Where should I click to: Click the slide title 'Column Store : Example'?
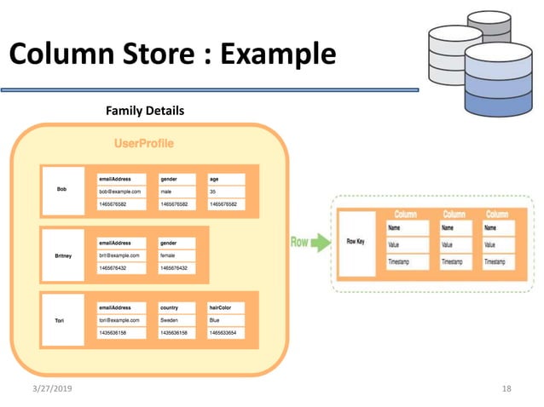tap(172, 55)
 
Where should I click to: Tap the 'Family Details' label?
tap(144, 111)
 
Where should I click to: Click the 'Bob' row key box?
tap(62, 189)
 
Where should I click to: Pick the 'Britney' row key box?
tap(62, 255)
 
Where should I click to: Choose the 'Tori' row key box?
tap(62, 320)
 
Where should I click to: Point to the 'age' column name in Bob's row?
tap(226, 179)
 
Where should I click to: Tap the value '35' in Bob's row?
tap(226, 192)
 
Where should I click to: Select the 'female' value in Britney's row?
tap(177, 255)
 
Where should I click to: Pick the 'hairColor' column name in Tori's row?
tap(226, 307)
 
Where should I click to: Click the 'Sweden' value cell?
tap(177, 320)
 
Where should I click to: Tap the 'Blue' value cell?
tap(226, 320)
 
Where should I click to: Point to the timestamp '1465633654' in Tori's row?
tap(226, 333)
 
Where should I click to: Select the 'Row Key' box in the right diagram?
tap(356, 243)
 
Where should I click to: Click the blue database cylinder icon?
tap(497, 81)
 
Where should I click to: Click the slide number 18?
tap(506, 388)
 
